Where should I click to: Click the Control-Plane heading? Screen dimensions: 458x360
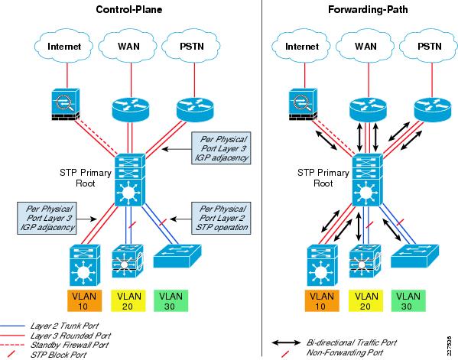[x=128, y=9]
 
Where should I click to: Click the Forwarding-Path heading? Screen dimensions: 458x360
[x=368, y=9]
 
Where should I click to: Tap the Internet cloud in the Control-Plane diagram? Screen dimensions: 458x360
[x=64, y=46]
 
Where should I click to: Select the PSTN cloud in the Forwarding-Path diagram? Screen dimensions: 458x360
[x=429, y=46]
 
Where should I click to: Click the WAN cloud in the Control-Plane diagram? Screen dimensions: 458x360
[x=128, y=46]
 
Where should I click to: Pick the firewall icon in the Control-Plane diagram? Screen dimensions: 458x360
[x=66, y=105]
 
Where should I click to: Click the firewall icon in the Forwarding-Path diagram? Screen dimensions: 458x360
[x=304, y=105]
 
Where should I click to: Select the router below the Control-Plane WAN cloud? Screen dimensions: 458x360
[x=131, y=109]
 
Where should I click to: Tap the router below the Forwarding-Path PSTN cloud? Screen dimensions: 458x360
[x=433, y=109]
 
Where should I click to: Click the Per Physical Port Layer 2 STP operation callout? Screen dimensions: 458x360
[x=221, y=218]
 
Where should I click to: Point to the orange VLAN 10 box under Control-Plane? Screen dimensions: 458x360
[x=84, y=300]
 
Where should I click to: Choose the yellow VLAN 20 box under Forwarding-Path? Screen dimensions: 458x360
[x=365, y=300]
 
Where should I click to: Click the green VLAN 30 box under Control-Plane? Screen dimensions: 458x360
[x=171, y=300]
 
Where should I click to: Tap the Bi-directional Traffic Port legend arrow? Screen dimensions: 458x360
[x=286, y=342]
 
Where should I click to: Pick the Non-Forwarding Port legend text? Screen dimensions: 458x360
[x=345, y=352]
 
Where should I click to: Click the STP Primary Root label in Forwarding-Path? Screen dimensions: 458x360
[x=323, y=178]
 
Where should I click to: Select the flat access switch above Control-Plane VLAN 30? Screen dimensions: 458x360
[x=177, y=256]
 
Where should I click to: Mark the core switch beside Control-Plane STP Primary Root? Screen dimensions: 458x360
[x=130, y=180]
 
